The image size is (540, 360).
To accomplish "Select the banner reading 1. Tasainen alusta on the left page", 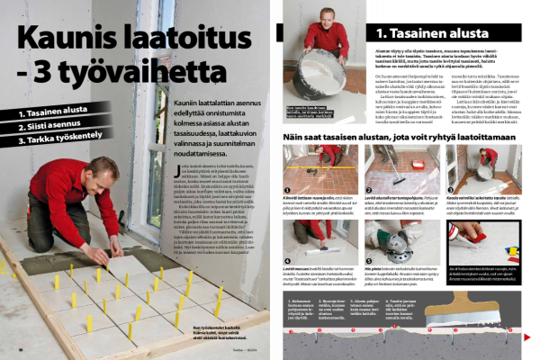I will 53,114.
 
